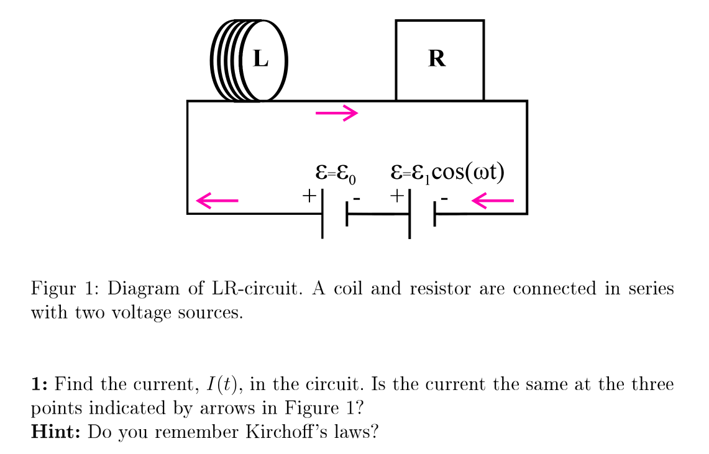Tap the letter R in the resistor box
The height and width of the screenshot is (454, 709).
(437, 58)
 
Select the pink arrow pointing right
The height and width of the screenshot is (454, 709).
(337, 113)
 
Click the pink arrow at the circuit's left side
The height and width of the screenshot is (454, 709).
(217, 200)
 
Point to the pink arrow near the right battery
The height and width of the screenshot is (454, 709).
(493, 200)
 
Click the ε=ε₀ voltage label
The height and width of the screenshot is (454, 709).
(336, 173)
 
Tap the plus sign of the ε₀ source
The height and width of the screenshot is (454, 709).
(309, 196)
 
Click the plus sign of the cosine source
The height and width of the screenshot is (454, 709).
(397, 196)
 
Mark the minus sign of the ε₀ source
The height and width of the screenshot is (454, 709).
(356, 199)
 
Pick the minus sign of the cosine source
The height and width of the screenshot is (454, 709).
(444, 199)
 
